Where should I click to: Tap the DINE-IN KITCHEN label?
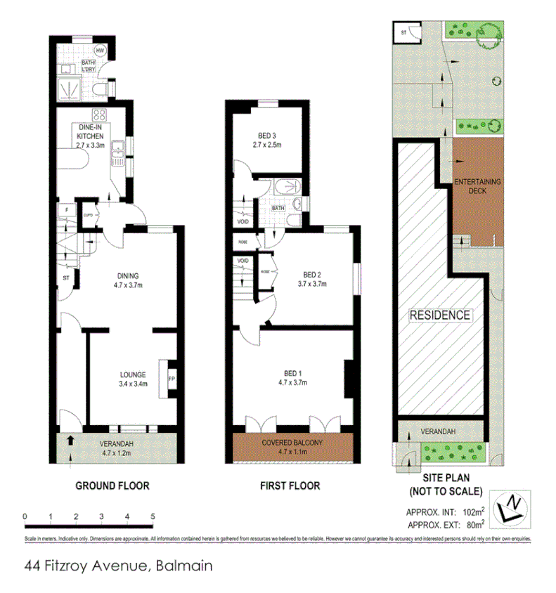click(x=91, y=131)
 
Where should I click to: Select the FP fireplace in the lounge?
click(x=170, y=379)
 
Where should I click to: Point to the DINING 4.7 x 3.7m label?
click(x=128, y=280)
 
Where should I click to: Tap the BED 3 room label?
click(x=267, y=141)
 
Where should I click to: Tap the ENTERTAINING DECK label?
click(x=478, y=187)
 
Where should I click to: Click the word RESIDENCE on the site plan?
click(x=440, y=315)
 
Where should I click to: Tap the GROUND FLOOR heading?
click(x=112, y=486)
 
